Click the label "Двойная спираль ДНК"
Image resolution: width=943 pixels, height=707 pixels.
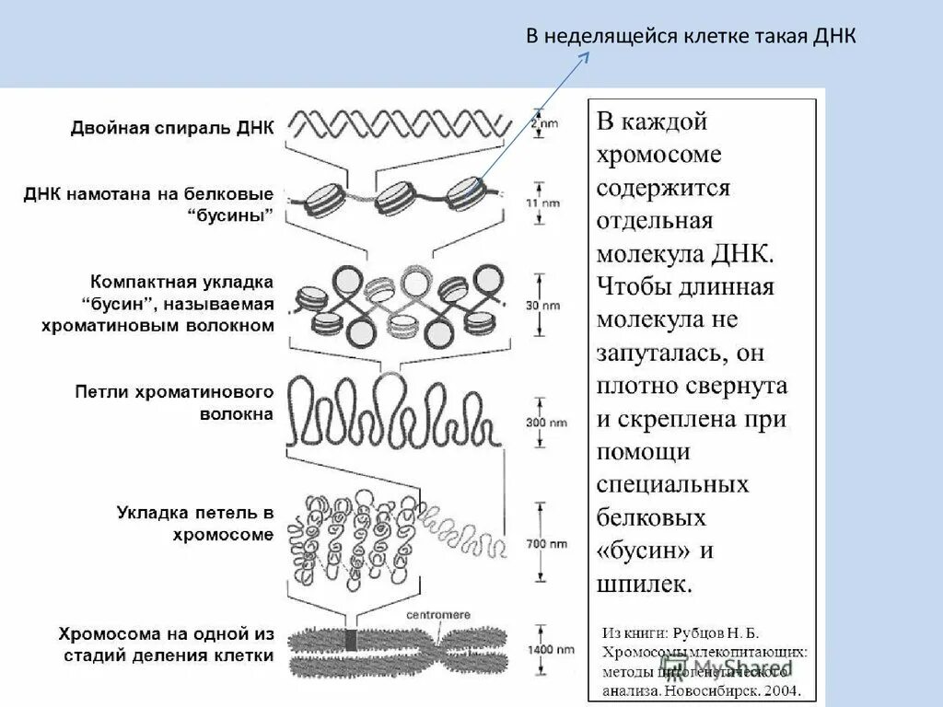(171, 128)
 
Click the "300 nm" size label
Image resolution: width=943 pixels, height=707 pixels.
(547, 423)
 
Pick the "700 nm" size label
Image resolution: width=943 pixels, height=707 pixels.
(547, 544)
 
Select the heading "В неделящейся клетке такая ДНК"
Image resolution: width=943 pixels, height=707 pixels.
(691, 37)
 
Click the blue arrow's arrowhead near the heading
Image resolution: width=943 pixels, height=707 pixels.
(585, 56)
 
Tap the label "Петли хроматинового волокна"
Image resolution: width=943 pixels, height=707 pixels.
(174, 403)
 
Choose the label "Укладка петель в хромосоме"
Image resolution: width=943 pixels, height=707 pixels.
(195, 523)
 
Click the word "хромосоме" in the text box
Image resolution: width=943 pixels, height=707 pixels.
(658, 154)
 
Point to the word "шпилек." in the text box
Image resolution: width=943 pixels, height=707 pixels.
(644, 584)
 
